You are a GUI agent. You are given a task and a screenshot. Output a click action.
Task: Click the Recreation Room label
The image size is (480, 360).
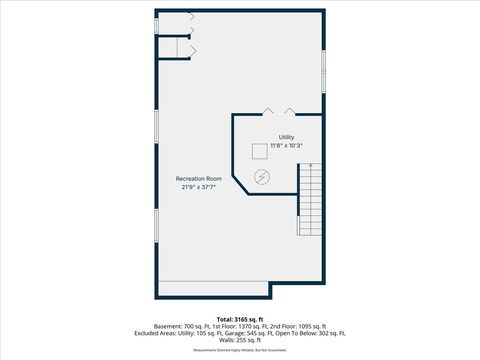click(x=199, y=178)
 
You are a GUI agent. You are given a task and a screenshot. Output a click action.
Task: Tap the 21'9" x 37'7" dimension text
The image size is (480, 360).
click(x=199, y=187)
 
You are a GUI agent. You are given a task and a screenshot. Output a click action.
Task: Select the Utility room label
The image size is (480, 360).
click(x=286, y=137)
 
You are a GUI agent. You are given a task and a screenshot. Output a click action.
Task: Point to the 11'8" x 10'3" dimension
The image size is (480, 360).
click(x=286, y=146)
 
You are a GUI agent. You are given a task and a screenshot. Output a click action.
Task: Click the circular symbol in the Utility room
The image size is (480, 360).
click(x=262, y=177)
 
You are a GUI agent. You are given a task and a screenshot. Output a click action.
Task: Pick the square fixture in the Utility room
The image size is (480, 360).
click(x=259, y=150)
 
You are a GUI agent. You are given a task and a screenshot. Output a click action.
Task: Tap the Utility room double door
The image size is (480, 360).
click(x=277, y=111)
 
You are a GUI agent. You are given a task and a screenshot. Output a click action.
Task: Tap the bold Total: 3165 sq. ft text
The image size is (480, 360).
click(x=239, y=318)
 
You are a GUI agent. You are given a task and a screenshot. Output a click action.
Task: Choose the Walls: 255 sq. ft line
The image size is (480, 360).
click(x=239, y=340)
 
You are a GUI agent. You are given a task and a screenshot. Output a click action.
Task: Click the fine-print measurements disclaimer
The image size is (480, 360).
click(x=239, y=350)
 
